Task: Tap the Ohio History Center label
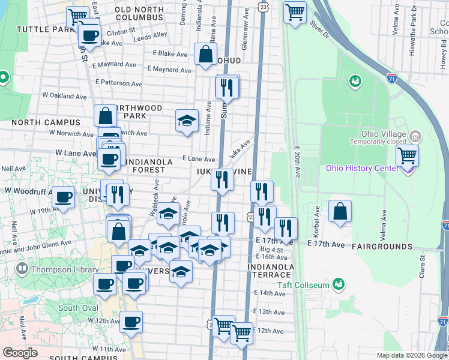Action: point(362,167)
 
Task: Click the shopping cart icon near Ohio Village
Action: point(408,155)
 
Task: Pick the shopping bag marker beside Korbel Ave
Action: point(340,211)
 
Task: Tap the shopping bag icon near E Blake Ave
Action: point(206,53)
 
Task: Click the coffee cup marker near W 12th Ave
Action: point(131,322)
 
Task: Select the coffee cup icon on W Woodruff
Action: point(63,197)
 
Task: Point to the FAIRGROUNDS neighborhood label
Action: point(382,247)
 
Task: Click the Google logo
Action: point(20,353)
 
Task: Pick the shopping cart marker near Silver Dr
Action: point(294,11)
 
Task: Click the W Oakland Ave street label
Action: point(65,95)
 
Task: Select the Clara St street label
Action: point(423,266)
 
